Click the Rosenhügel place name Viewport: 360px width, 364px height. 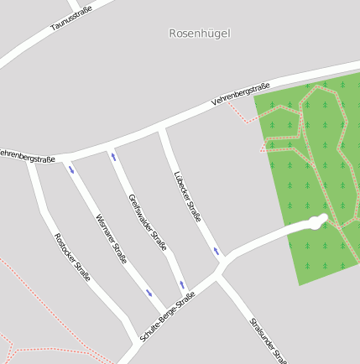point(199,34)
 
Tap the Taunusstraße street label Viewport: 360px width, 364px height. point(71,18)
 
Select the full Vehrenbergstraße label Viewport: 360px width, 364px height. point(241,93)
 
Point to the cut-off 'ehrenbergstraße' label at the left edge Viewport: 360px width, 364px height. point(27,155)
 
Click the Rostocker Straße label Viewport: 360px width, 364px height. point(72,256)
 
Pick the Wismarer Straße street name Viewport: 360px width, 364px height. point(110,239)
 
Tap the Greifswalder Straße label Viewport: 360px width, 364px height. point(148,222)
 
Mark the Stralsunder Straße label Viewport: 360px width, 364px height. point(268,340)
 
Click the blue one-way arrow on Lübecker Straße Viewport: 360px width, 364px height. point(216,251)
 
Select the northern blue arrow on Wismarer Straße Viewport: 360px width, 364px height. point(71,169)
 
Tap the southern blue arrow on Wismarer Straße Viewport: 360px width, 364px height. point(149,293)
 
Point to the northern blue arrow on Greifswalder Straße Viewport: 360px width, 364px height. point(113,156)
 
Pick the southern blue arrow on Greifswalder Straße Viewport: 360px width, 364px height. point(181,284)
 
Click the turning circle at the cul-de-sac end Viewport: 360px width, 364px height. point(316,221)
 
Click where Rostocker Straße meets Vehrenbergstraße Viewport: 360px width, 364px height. point(31,159)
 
